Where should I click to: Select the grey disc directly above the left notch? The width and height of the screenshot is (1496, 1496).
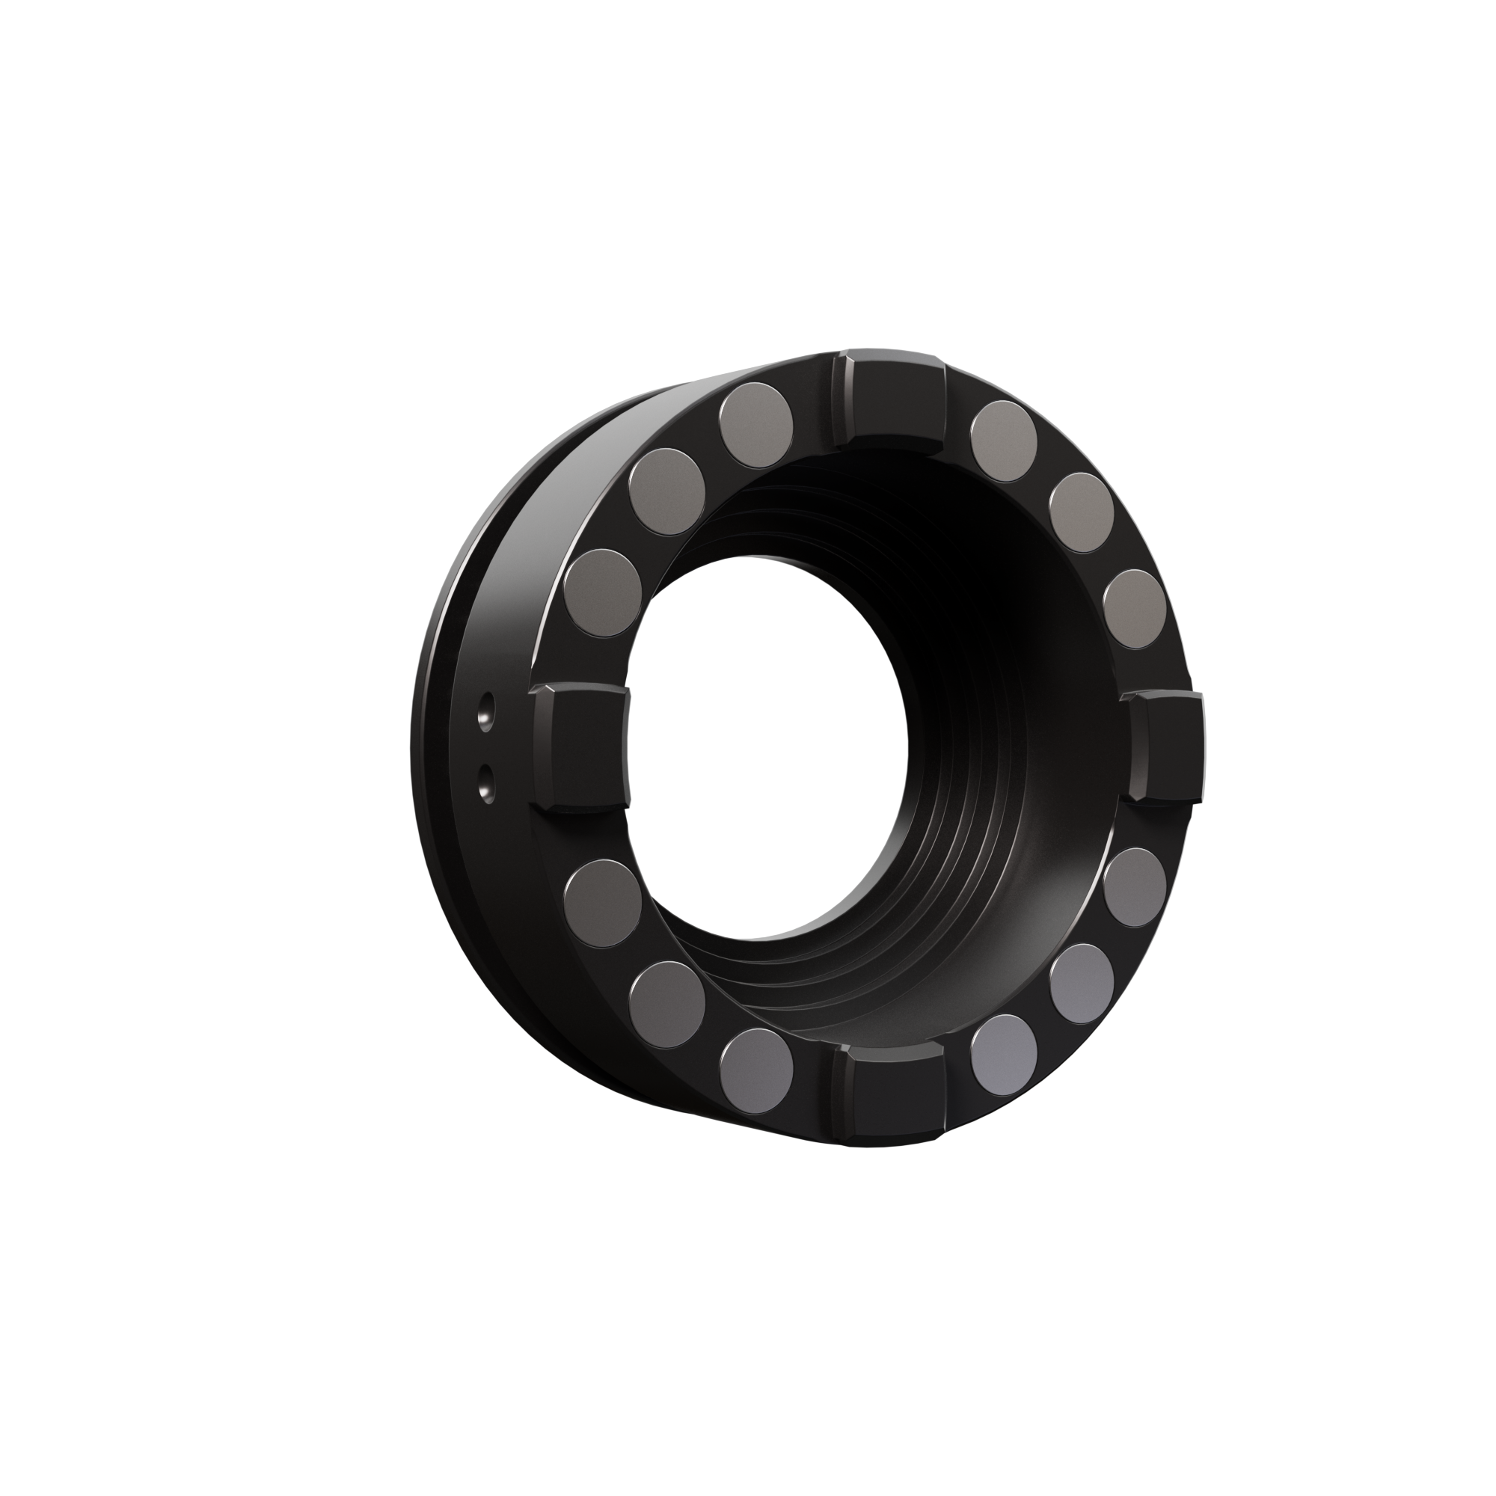point(604,593)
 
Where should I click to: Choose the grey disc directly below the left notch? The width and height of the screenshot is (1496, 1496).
point(603,900)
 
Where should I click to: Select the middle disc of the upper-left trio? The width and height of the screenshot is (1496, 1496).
point(667,488)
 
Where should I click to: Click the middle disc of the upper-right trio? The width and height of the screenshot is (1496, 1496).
point(1082,512)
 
